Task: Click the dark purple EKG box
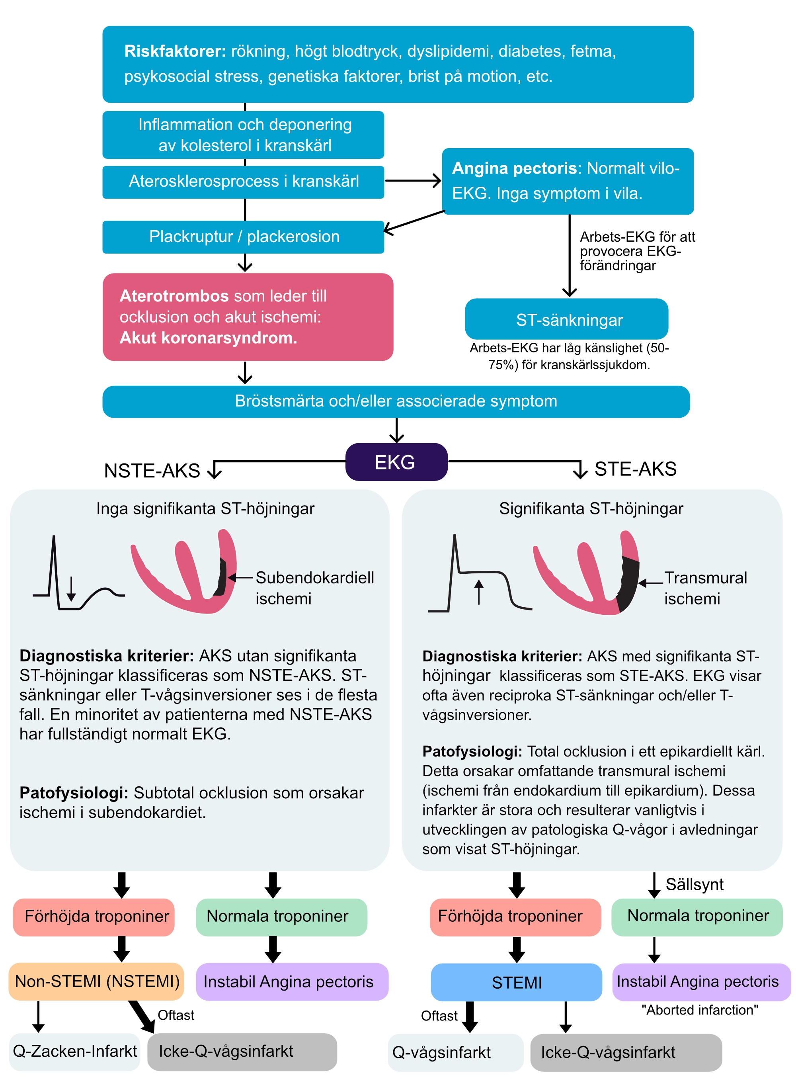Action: (396, 462)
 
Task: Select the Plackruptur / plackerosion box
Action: (243, 237)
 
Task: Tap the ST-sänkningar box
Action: (566, 319)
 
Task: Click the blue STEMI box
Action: (516, 982)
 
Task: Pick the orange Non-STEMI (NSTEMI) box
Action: (96, 981)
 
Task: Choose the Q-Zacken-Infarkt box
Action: (75, 1051)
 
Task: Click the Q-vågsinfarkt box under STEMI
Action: (455, 1052)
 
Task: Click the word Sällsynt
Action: (695, 884)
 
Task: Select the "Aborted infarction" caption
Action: (700, 1010)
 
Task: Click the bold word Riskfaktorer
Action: (175, 51)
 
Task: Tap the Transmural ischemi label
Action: (705, 588)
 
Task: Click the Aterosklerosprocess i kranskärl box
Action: (243, 182)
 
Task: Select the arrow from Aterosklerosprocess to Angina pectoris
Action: (413, 181)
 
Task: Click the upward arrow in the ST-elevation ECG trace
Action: (478, 592)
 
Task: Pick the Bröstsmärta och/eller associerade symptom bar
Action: (396, 401)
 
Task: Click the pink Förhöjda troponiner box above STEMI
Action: (515, 917)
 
